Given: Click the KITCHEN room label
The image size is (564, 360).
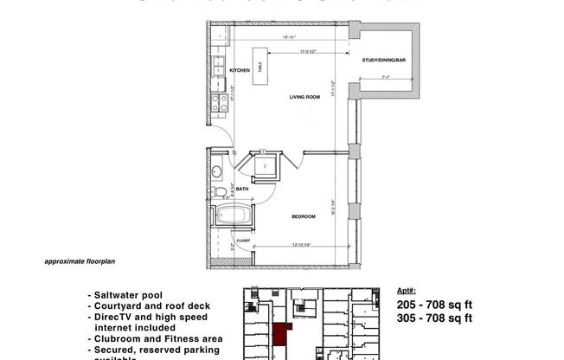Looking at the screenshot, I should pyautogui.click(x=240, y=70).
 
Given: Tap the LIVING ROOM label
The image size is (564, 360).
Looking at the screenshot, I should pyautogui.click(x=304, y=98).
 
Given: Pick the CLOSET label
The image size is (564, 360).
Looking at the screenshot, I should pyautogui.click(x=243, y=241).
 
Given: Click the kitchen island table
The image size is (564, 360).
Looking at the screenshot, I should pyautogui.click(x=258, y=73).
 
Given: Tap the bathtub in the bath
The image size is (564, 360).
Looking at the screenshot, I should pyautogui.click(x=229, y=217).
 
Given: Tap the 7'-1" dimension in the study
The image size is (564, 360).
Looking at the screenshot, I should pyautogui.click(x=387, y=79).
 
